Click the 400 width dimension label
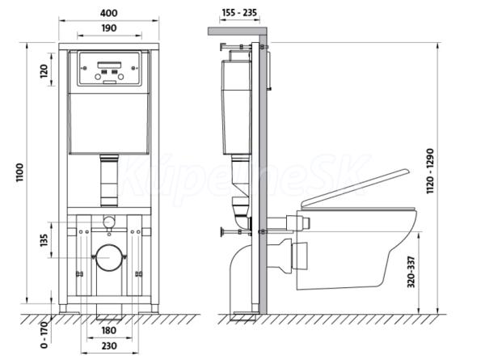coord(109,13)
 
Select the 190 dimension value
coord(109,28)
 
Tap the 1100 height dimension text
coord(19,172)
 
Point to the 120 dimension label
coord(44,71)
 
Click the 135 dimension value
coord(44,240)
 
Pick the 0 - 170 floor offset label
coord(44,335)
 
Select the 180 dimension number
coord(109,330)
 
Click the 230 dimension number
coord(109,345)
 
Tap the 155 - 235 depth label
coord(239,13)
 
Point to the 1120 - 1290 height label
coord(430,172)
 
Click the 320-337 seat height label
coord(411,272)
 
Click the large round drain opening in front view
coord(109,257)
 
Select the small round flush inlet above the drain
coord(108,222)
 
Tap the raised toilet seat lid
coord(356,188)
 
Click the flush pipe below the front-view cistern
coord(109,180)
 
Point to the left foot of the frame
coord(63,308)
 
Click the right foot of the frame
coord(154,308)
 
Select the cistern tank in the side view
coord(237,107)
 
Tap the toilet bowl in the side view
coord(356,249)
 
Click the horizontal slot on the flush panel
coord(109,65)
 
